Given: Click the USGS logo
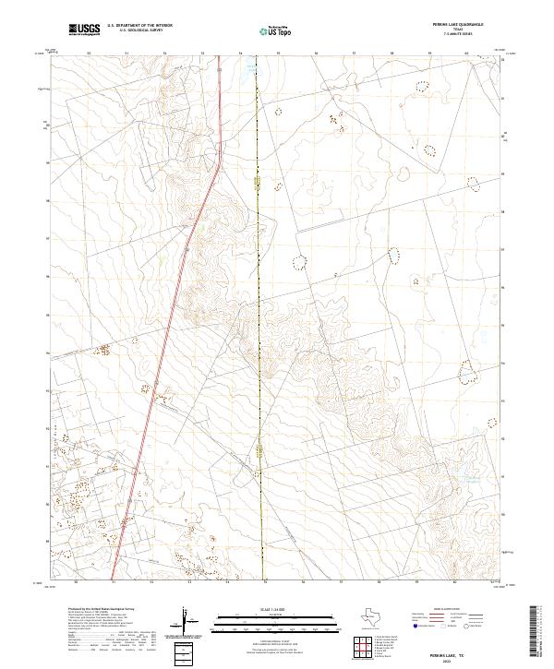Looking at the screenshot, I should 84,30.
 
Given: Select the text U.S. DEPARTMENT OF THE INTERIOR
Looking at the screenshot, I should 139,26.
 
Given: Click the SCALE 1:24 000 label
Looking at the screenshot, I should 268,610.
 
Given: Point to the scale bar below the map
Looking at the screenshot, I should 268,621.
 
